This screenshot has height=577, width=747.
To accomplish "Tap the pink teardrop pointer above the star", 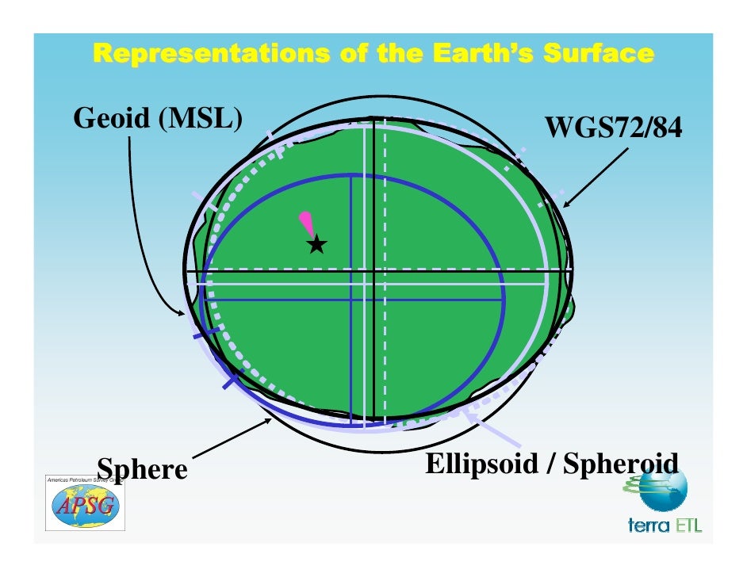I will click(305, 223).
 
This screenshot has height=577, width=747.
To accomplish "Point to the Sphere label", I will click(142, 468).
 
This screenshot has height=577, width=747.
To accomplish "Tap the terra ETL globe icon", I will click(663, 489).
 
